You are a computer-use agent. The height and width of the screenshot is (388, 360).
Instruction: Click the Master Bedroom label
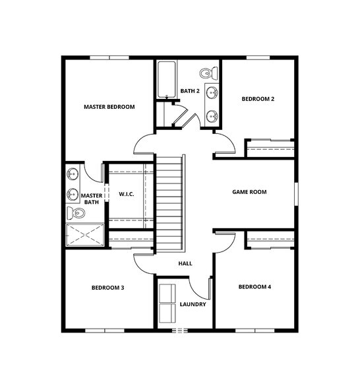109,107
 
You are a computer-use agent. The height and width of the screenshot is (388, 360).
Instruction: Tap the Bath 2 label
190,91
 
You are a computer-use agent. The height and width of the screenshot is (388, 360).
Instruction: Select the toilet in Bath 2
208,73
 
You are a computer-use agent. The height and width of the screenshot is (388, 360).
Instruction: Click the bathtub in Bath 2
167,80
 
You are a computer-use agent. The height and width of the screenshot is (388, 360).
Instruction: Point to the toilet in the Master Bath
76,213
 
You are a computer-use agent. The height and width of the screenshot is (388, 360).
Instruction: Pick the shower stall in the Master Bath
85,235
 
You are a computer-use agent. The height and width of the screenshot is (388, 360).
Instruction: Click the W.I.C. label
127,194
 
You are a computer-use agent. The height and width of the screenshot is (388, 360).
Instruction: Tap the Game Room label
249,192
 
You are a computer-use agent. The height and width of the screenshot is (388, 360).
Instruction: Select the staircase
169,203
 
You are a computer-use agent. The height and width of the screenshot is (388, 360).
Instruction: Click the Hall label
185,263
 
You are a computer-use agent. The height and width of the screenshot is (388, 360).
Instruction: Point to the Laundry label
193,304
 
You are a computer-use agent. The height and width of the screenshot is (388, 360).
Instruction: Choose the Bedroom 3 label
108,288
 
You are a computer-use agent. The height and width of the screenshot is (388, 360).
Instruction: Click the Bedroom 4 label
255,287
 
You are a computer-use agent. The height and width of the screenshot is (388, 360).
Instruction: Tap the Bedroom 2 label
258,99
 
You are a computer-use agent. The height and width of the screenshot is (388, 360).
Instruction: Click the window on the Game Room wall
296,194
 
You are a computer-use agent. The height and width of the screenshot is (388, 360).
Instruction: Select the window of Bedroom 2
258,57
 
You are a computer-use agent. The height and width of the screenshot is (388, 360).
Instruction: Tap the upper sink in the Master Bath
73,174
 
